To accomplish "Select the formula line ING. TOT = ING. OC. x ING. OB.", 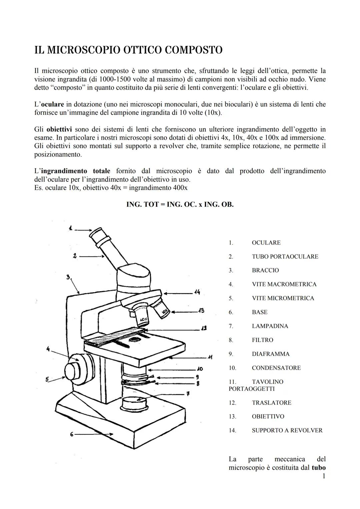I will pyautogui.click(x=180, y=204).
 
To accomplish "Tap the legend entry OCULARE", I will pyautogui.click(x=266, y=242).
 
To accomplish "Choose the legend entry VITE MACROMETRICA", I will pyautogui.click(x=284, y=284).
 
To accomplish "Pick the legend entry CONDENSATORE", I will pyautogui.click(x=276, y=368).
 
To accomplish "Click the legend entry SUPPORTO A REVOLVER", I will pyautogui.click(x=287, y=430).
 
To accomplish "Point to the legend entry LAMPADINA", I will pyautogui.click(x=270, y=326).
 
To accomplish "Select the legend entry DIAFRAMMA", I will pyautogui.click(x=271, y=354).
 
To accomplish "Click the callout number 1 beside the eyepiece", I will pyautogui.click(x=71, y=228).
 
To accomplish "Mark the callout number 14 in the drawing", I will pyautogui.click(x=197, y=292).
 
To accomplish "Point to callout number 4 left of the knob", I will pyautogui.click(x=48, y=349).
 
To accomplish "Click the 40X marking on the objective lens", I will pyautogui.click(x=143, y=319).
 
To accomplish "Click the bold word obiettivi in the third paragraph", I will pyautogui.click(x=59, y=129).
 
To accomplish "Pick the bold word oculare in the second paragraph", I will pyautogui.click(x=52, y=104).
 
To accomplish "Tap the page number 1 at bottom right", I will pyautogui.click(x=324, y=476).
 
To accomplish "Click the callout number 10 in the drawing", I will pyautogui.click(x=200, y=369).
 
